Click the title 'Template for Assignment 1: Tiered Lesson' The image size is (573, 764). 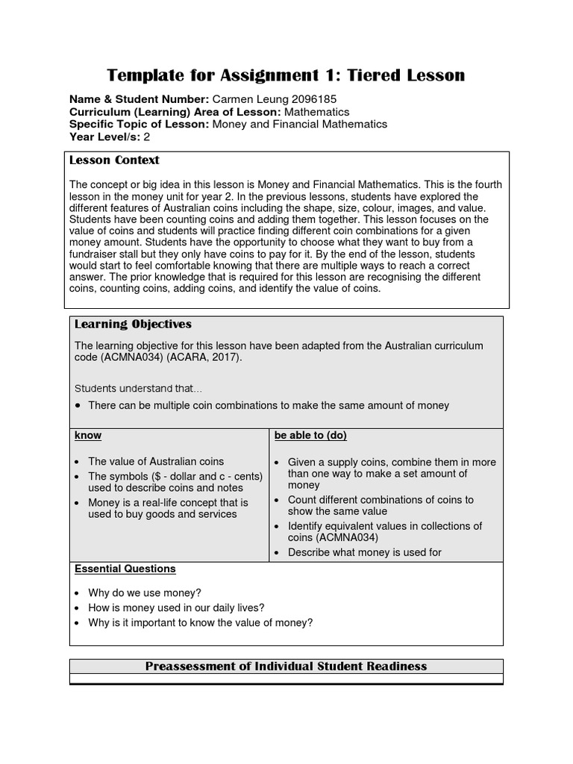pyautogui.click(x=286, y=75)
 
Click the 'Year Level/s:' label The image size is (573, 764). pyautogui.click(x=104, y=137)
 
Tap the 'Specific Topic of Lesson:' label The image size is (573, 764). pyautogui.click(x=140, y=124)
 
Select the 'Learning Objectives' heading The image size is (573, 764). pyautogui.click(x=133, y=325)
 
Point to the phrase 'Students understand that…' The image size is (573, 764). pyautogui.click(x=138, y=388)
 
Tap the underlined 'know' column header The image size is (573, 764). pyautogui.click(x=88, y=435)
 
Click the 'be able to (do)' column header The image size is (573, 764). pyautogui.click(x=310, y=435)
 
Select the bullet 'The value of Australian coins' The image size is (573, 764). pyautogui.click(x=155, y=461)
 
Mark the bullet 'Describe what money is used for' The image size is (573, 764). pyautogui.click(x=364, y=552)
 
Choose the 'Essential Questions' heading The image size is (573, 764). pyautogui.click(x=125, y=569)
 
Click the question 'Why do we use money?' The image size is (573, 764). pyautogui.click(x=144, y=593)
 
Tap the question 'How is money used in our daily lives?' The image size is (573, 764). pyautogui.click(x=176, y=607)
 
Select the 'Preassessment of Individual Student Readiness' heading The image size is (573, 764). pyautogui.click(x=286, y=666)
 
